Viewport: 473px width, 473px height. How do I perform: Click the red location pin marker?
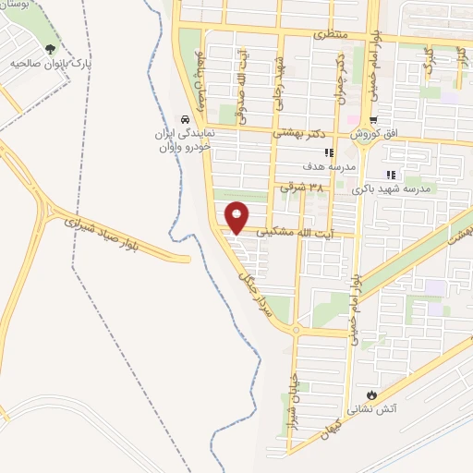tap(237, 216)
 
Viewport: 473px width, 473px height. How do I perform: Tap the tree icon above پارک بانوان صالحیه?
tap(51, 49)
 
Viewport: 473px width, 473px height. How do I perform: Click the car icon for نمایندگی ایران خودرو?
tap(186, 119)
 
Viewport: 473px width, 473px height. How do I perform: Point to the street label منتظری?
tap(330, 34)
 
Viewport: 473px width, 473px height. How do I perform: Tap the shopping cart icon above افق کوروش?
tap(373, 120)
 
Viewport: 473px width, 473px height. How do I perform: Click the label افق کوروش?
tap(378, 135)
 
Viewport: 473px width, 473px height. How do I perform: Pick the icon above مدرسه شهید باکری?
tap(392, 174)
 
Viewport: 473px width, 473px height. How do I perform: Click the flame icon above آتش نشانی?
tap(372, 393)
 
